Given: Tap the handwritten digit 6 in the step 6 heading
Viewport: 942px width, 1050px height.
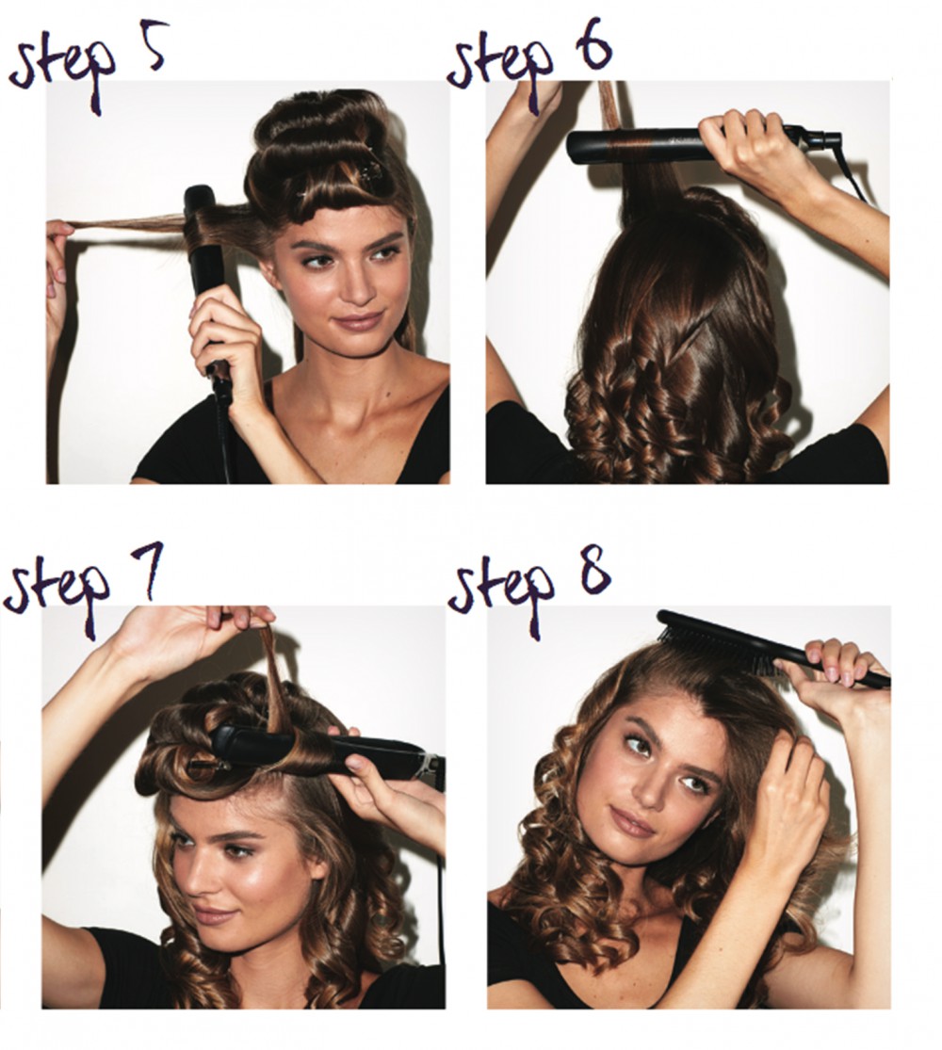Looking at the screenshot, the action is (x=591, y=44).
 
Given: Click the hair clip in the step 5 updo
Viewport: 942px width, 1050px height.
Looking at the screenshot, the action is (x=372, y=173).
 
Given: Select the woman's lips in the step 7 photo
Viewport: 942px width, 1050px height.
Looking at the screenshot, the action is (x=215, y=914).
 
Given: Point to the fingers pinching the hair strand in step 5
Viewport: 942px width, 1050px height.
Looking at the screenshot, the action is (x=59, y=235).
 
